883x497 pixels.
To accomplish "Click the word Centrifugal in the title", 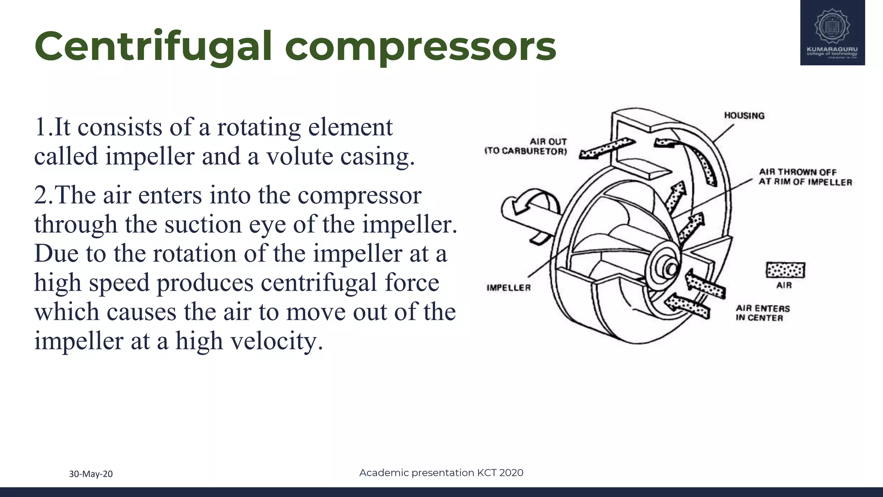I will (x=153, y=47).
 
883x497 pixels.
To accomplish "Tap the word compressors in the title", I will (x=420, y=47).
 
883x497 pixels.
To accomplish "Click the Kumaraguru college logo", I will (x=832, y=33).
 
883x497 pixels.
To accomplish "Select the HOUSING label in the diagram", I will (x=744, y=116).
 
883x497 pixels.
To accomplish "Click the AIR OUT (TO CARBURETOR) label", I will (x=526, y=146).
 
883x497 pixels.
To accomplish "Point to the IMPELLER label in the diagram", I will (x=509, y=288).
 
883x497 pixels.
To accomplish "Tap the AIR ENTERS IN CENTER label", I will (x=763, y=313).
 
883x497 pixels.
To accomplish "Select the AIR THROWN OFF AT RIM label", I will (x=805, y=177).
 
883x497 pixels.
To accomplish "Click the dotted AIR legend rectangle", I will (x=785, y=271).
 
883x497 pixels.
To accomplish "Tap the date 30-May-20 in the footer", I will (x=91, y=474).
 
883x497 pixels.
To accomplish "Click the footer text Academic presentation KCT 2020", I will (x=441, y=473).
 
